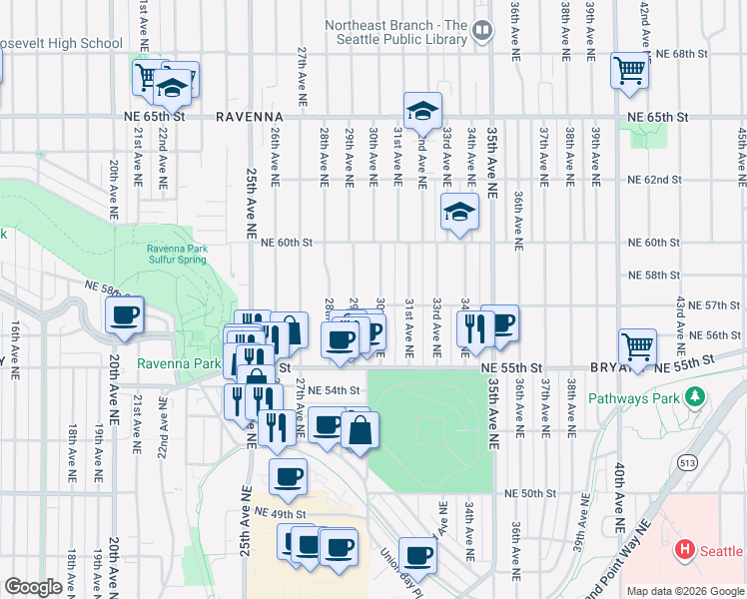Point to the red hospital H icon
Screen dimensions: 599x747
pyautogui.click(x=685, y=549)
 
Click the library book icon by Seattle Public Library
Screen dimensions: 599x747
pyautogui.click(x=481, y=31)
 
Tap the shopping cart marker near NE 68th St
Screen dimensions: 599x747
pyautogui.click(x=630, y=70)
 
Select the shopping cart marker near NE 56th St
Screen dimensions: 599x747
pyautogui.click(x=637, y=346)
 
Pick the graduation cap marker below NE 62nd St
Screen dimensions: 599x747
pyautogui.click(x=459, y=211)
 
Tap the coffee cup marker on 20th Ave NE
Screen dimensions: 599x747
pyautogui.click(x=125, y=315)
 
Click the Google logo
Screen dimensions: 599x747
pyautogui.click(x=33, y=587)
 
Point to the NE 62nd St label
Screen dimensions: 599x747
pyautogui.click(x=654, y=180)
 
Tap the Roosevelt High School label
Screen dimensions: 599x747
pyautogui.click(x=60, y=43)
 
